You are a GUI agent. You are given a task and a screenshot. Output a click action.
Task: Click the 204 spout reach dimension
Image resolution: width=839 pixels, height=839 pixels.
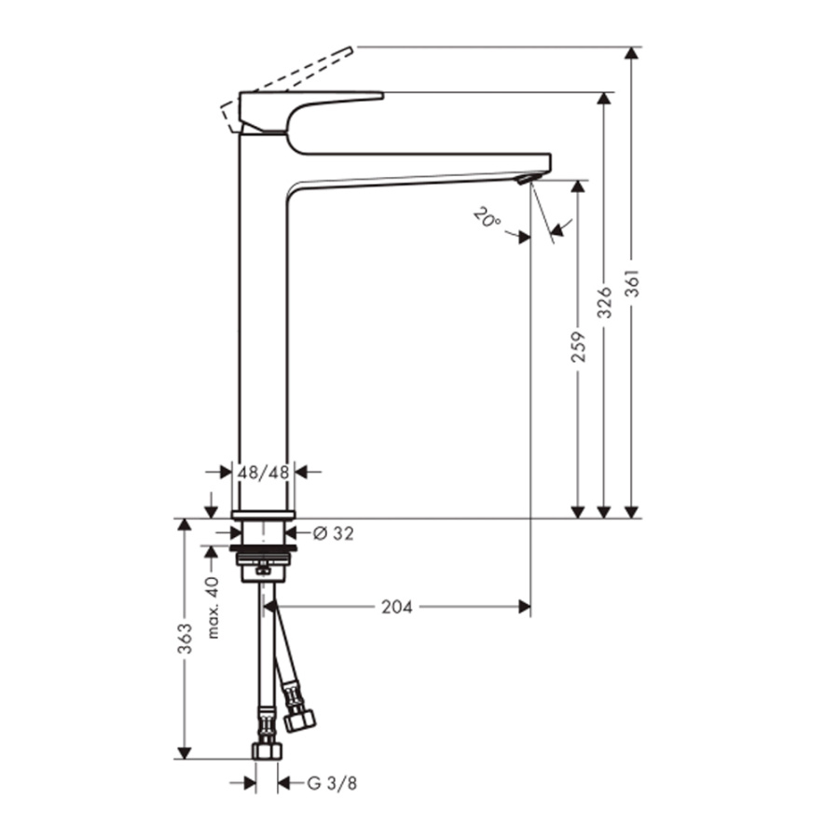click(397, 607)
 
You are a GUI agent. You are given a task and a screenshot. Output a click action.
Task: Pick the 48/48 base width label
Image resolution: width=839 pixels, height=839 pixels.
click(263, 473)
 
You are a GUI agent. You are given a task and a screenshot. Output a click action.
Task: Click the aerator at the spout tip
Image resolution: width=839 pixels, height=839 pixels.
click(527, 178)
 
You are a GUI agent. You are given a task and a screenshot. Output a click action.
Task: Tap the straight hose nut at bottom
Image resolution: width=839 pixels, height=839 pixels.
click(267, 751)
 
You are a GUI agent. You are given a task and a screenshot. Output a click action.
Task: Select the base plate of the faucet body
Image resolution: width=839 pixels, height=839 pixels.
click(263, 515)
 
